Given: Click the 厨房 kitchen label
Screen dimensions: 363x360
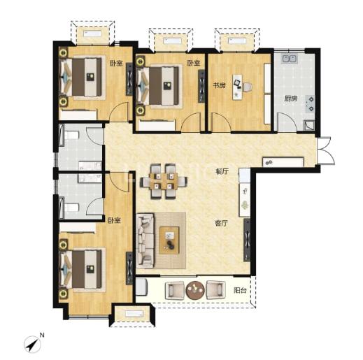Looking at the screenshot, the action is pyautogui.click(x=290, y=99).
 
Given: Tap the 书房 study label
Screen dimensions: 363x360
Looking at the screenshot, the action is pyautogui.click(x=219, y=85).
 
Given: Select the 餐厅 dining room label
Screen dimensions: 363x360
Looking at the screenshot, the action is pyautogui.click(x=222, y=171).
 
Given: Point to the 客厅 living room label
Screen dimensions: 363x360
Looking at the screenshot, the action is pyautogui.click(x=221, y=224).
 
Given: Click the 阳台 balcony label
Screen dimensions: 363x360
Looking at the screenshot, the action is pyautogui.click(x=241, y=290).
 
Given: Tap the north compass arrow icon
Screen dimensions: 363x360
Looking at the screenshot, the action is pyautogui.click(x=32, y=345).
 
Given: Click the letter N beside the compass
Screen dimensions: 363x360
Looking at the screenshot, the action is pyautogui.click(x=42, y=336).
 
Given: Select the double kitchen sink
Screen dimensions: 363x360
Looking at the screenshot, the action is pyautogui.click(x=290, y=59).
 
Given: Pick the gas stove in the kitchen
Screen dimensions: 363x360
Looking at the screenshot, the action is pyautogui.click(x=310, y=103).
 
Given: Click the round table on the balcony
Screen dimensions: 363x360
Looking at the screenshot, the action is pyautogui.click(x=195, y=290).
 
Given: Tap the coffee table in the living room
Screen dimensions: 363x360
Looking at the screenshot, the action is pyautogui.click(x=169, y=240).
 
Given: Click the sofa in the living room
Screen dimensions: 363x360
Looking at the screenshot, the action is pyautogui.click(x=145, y=240).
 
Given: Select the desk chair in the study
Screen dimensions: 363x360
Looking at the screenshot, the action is pyautogui.click(x=248, y=87).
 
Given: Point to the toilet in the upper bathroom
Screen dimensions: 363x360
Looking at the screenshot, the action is pyautogui.click(x=71, y=135).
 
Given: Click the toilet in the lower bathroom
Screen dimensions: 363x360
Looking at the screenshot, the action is pyautogui.click(x=71, y=208).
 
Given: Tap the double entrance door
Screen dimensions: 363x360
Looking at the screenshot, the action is pyautogui.click(x=326, y=150).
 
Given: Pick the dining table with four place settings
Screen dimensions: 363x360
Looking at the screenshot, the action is pyautogui.click(x=164, y=181).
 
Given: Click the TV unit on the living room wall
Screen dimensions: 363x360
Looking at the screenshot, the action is pyautogui.click(x=247, y=240).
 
